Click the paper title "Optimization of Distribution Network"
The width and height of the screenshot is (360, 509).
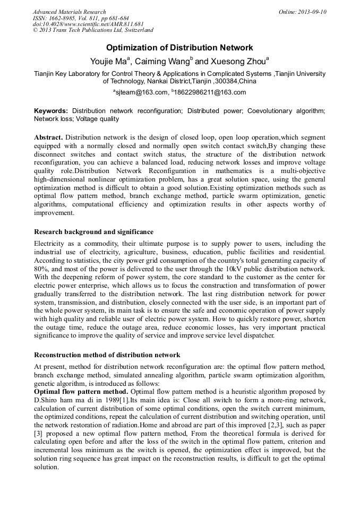point(179,48)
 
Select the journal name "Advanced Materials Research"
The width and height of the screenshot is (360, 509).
point(69,12)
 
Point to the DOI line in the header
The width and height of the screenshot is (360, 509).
point(88,24)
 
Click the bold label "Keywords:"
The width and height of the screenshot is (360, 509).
point(51,111)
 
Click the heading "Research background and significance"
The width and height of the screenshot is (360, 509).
point(93,232)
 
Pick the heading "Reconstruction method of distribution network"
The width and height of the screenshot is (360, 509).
point(107,355)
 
